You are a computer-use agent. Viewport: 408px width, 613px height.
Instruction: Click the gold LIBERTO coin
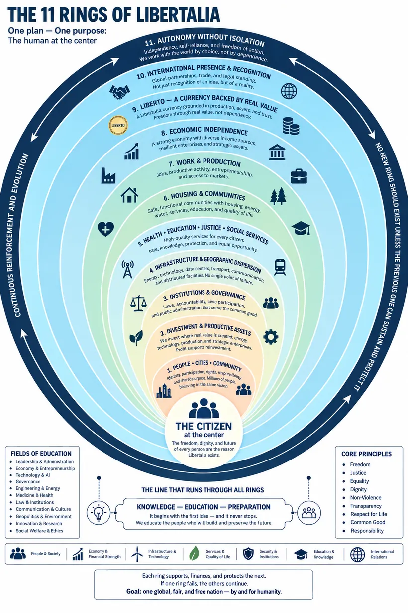pos(118,125)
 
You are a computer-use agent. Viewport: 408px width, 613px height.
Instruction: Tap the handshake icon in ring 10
pos(119,92)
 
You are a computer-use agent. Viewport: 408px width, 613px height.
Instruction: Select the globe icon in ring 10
pos(289,91)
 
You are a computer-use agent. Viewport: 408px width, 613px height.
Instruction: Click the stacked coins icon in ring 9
pos(291,126)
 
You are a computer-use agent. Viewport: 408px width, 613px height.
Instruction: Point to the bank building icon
pos(277,152)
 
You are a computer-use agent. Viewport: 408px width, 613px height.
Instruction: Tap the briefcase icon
pos(299,176)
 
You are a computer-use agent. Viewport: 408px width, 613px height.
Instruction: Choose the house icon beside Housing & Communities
pos(129,195)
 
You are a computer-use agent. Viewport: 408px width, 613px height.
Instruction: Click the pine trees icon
pos(278,196)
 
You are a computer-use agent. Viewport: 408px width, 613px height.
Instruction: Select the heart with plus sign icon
pos(106,229)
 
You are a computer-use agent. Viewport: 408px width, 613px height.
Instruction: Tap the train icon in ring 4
pos(280,267)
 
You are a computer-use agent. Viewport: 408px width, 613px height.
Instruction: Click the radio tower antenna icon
pos(127,269)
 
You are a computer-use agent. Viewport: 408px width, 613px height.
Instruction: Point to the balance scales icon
pos(138,303)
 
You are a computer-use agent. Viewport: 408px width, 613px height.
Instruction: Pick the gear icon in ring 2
pos(271,337)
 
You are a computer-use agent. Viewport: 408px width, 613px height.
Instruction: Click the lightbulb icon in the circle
pos(99,513)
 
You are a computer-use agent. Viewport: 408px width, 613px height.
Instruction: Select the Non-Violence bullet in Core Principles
pos(366,497)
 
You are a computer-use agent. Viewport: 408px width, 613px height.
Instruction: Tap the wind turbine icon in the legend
pos(137,554)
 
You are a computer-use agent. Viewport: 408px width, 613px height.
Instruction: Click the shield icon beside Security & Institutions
pos(248,554)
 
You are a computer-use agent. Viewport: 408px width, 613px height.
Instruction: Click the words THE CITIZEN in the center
pos(204,426)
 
